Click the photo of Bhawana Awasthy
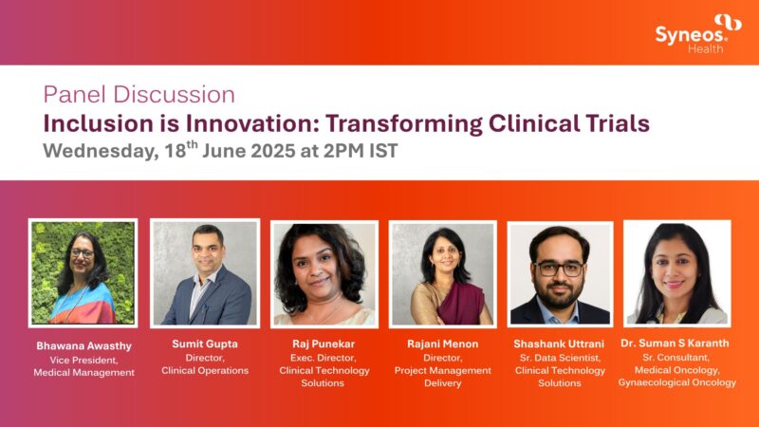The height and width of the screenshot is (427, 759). (x=83, y=272)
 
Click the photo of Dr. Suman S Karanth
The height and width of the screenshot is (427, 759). (x=676, y=273)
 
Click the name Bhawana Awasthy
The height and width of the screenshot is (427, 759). (x=83, y=346)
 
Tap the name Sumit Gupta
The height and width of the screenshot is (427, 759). (x=205, y=343)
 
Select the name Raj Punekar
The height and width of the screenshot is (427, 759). (x=324, y=343)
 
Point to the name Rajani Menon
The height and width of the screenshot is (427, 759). (x=442, y=343)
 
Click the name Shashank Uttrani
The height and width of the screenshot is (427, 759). (x=560, y=344)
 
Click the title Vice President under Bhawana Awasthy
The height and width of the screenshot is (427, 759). (x=83, y=360)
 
